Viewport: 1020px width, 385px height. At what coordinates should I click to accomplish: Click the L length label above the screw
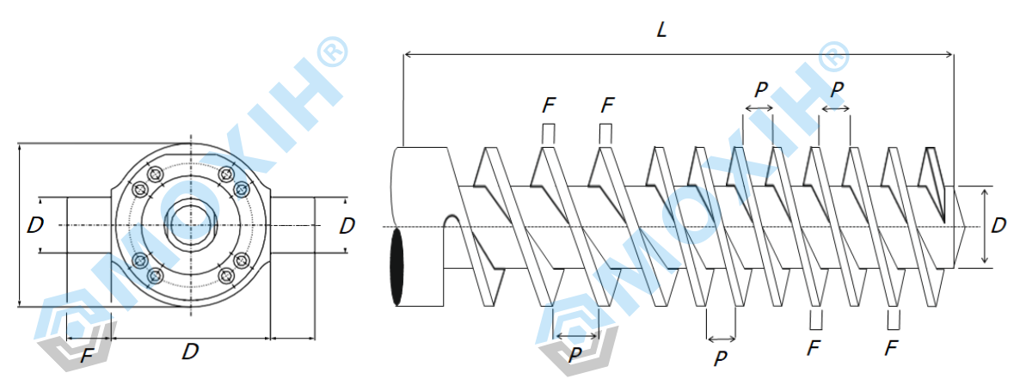(x=661, y=30)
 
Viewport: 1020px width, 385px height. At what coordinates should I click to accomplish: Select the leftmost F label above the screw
(x=549, y=106)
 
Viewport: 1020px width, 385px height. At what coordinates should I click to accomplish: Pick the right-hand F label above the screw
(x=607, y=106)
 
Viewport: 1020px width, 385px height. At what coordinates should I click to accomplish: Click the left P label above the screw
(x=760, y=89)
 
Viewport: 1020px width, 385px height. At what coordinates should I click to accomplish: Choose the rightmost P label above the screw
(x=837, y=89)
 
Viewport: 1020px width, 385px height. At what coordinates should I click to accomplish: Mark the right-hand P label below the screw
(x=721, y=357)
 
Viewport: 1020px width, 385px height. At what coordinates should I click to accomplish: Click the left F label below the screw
(x=814, y=348)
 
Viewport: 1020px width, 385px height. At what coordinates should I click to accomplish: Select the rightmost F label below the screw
(x=891, y=348)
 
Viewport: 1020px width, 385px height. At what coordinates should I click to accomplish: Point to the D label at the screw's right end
(x=998, y=226)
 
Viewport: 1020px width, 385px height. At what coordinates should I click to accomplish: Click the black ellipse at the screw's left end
(x=396, y=266)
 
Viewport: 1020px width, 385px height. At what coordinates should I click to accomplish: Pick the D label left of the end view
(x=35, y=226)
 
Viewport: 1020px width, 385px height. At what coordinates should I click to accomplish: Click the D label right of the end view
(x=347, y=226)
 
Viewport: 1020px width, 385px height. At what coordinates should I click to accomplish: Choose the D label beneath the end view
(x=190, y=351)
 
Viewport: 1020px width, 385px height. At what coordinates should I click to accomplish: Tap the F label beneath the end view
(x=87, y=356)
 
